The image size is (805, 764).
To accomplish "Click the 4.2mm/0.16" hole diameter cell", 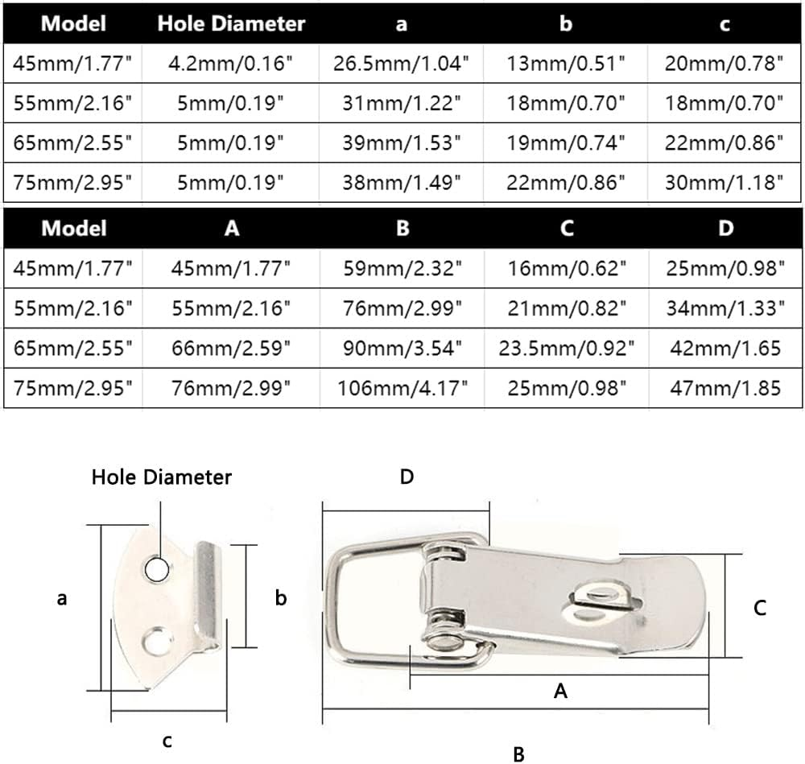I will [x=231, y=64].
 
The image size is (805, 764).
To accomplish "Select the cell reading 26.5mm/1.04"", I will [x=402, y=64].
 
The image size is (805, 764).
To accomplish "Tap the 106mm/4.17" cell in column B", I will [x=402, y=388].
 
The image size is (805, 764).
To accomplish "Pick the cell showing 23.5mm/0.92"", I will [x=566, y=348].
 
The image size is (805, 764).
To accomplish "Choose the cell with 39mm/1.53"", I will [x=402, y=143].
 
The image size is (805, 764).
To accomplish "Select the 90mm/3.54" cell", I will [x=402, y=348].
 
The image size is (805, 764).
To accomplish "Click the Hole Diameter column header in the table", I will [x=231, y=23].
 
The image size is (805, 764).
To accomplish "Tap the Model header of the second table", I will [x=73, y=228].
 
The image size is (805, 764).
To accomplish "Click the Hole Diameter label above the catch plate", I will [x=161, y=477].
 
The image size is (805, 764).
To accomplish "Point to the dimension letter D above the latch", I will [x=407, y=477].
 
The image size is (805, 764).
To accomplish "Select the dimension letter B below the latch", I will [x=518, y=754].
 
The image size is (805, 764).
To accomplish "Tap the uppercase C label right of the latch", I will [x=759, y=608].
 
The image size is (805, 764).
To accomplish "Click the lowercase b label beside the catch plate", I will [x=281, y=598].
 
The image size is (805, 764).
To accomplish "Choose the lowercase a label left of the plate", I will [x=62, y=598].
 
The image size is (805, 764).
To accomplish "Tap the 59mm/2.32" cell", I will [x=402, y=268].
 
